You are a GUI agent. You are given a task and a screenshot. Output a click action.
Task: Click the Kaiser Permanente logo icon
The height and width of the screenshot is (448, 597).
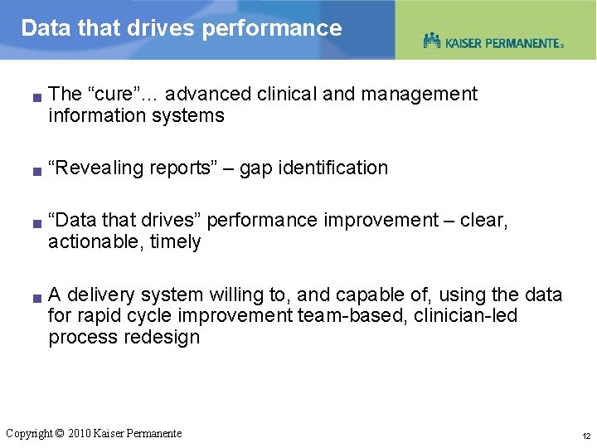(431, 41)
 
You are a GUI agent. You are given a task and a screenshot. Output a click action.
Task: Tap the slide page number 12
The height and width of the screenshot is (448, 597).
(585, 436)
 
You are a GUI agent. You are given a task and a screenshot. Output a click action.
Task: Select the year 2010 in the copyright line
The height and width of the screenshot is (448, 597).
(80, 433)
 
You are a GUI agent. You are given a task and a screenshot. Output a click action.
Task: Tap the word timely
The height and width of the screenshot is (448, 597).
(176, 242)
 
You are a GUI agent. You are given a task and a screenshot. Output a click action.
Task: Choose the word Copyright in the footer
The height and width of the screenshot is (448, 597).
(28, 433)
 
